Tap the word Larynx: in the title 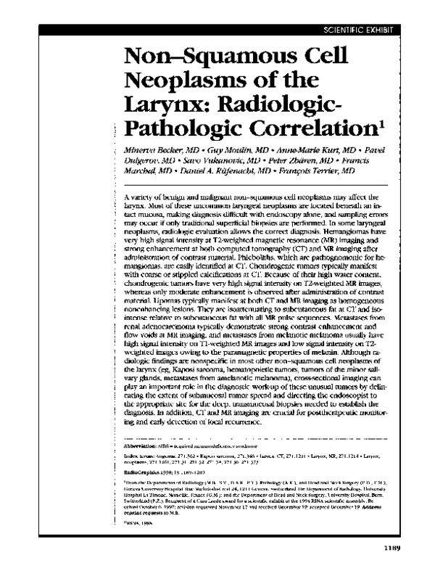[166, 103]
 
